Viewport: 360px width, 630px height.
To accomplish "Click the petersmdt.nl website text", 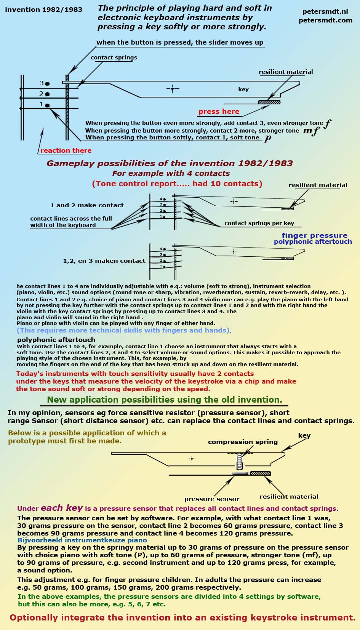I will click(325, 12).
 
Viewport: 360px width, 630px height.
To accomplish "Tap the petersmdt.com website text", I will click(325, 20).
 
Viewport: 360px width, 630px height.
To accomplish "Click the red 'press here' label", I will click(219, 112).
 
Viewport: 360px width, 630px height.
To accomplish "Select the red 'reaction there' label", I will click(66, 150).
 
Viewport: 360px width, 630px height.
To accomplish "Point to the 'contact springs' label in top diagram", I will click(114, 58).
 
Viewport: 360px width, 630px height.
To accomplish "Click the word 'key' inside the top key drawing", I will click(243, 89).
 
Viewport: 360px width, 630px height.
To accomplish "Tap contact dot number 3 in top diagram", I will click(47, 83).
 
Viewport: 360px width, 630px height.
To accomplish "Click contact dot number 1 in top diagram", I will click(47, 105).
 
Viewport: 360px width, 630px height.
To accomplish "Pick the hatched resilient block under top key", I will click(269, 102).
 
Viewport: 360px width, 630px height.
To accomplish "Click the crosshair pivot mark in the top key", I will click(173, 89).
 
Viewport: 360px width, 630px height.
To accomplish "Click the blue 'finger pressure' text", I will click(315, 235).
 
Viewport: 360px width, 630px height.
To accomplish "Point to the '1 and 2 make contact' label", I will click(87, 205).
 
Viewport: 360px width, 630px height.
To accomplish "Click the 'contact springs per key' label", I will click(259, 223).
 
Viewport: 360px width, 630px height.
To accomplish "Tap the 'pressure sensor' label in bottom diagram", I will click(212, 499).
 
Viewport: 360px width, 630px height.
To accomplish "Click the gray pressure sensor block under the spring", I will click(240, 473).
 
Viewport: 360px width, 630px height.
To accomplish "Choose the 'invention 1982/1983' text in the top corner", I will click(44, 10).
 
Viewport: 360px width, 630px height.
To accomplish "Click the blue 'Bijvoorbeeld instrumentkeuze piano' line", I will click(82, 540).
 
